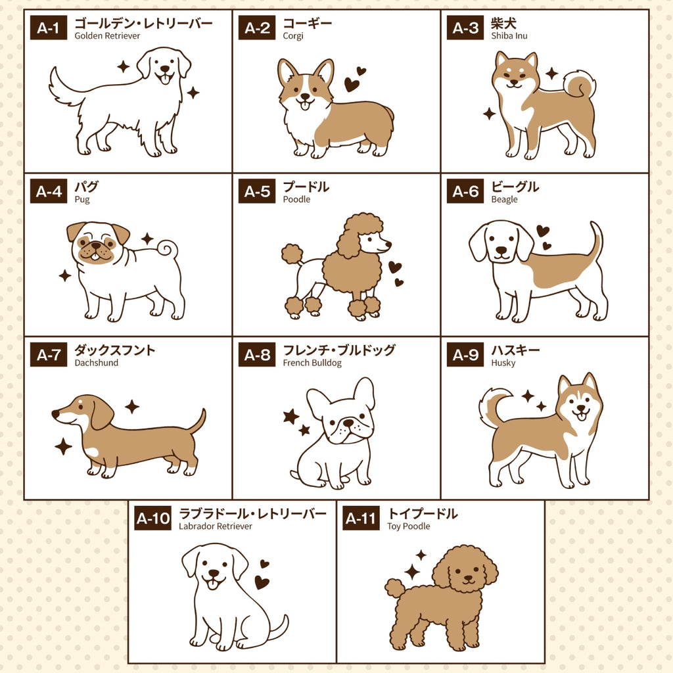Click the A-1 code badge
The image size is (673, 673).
click(x=49, y=28)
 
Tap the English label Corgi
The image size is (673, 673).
click(x=293, y=36)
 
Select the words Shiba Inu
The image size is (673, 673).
click(x=509, y=36)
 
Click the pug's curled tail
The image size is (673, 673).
click(x=168, y=250)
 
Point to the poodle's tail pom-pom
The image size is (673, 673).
click(x=292, y=253)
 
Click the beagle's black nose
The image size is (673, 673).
click(x=501, y=250)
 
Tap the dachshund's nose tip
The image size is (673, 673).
click(x=55, y=414)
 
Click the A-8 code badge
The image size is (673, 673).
click(x=257, y=354)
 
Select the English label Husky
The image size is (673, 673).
click(x=503, y=363)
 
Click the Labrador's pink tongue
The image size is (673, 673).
click(x=212, y=584)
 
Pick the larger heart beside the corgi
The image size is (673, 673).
click(x=352, y=85)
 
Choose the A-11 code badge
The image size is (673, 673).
click(x=361, y=518)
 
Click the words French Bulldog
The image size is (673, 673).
click(x=312, y=363)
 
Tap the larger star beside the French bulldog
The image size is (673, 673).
click(x=291, y=416)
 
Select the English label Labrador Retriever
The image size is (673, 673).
click(x=216, y=526)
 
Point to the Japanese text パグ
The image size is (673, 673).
click(x=86, y=187)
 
